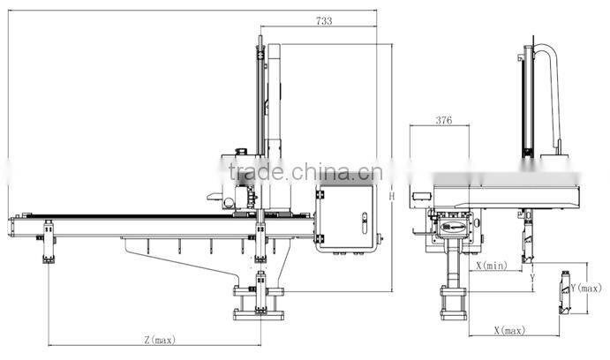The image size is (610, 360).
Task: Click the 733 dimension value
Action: coord(324,21)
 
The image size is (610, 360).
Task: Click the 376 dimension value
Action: coord(444,121)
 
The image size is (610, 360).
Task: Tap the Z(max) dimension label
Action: coord(160,340)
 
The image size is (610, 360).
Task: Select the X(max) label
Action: coord(509,331)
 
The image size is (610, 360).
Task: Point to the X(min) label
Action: coord(492,266)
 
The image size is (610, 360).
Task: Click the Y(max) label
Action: coord(586,288)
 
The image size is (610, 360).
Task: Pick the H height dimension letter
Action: coord(392,196)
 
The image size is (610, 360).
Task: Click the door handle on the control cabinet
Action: coord(365,222)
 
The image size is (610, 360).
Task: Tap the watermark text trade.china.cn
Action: coord(305,172)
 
